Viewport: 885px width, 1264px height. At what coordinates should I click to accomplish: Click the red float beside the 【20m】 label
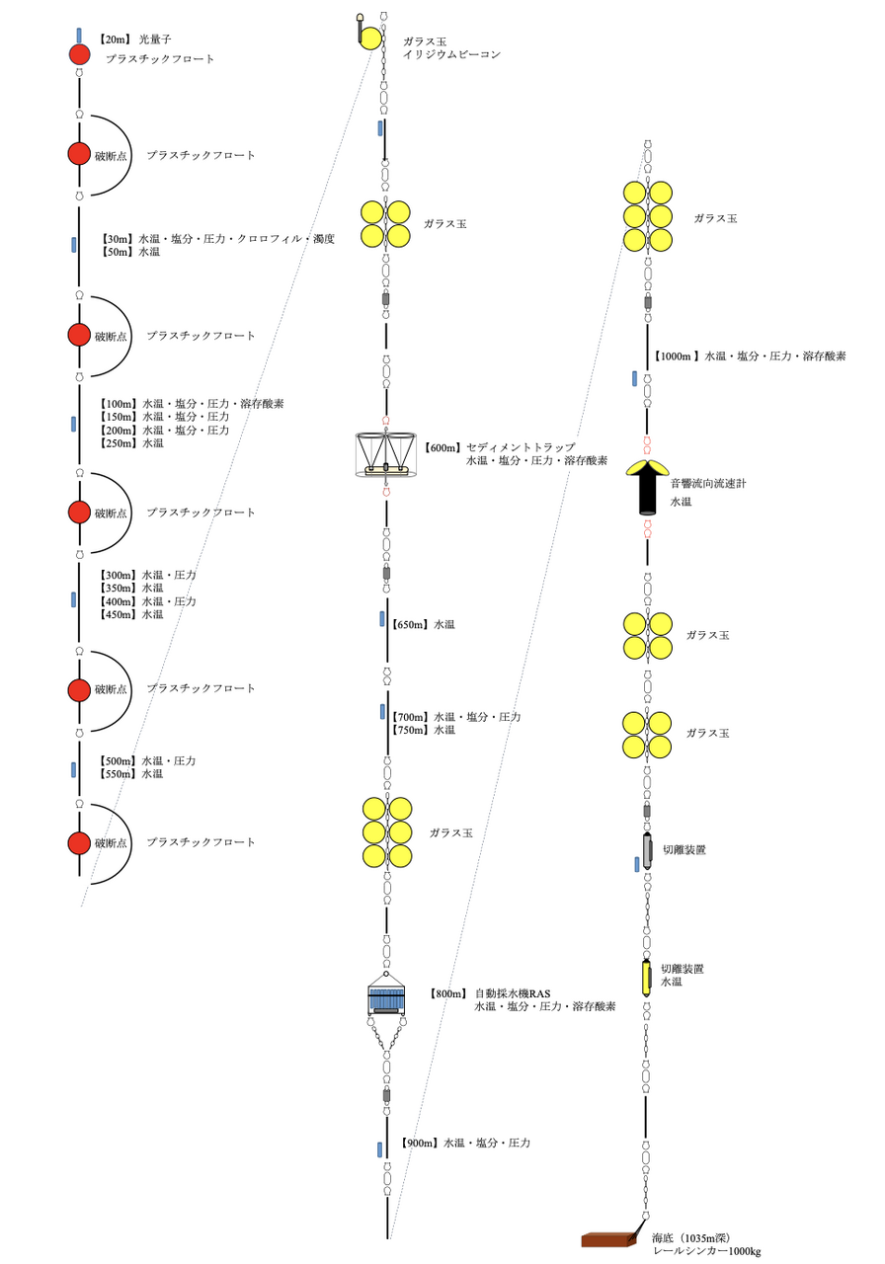click(x=79, y=55)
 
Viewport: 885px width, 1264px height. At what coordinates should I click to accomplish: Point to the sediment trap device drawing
click(x=384, y=455)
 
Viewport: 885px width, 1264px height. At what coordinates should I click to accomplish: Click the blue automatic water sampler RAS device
click(x=386, y=1000)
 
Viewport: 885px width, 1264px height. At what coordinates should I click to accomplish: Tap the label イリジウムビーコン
click(x=451, y=55)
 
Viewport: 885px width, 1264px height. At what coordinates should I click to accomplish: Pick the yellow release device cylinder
click(x=647, y=977)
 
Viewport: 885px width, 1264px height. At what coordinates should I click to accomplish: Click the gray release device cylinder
click(x=647, y=850)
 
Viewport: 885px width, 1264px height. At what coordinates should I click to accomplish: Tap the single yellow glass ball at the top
click(x=371, y=39)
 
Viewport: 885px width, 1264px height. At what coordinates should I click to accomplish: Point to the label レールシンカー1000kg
click(x=705, y=1251)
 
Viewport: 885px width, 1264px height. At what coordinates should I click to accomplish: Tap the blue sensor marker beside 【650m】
click(x=382, y=619)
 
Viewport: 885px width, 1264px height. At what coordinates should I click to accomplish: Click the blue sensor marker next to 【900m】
click(x=379, y=1148)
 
